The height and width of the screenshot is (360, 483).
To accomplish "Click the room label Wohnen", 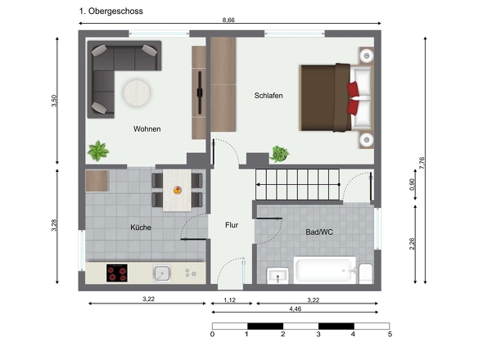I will click(147, 128).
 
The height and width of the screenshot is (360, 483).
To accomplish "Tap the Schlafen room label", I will click(269, 96).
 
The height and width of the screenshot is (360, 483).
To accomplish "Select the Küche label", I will click(140, 227).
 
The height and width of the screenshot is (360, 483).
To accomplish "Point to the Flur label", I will click(232, 225).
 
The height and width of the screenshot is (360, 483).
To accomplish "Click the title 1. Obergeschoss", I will click(111, 11).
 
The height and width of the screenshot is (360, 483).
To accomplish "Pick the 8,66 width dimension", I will click(231, 20).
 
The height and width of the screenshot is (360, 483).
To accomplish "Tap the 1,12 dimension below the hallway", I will click(231, 300).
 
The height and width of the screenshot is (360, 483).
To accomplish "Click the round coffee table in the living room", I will click(138, 92).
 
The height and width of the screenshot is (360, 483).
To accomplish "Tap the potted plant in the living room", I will click(99, 151).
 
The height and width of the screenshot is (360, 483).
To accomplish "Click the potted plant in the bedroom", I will click(280, 154).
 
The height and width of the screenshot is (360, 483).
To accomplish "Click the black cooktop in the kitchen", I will click(118, 273).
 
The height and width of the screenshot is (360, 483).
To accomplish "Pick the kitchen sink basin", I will click(161, 272).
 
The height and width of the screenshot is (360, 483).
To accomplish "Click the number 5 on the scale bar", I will click(390, 334).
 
